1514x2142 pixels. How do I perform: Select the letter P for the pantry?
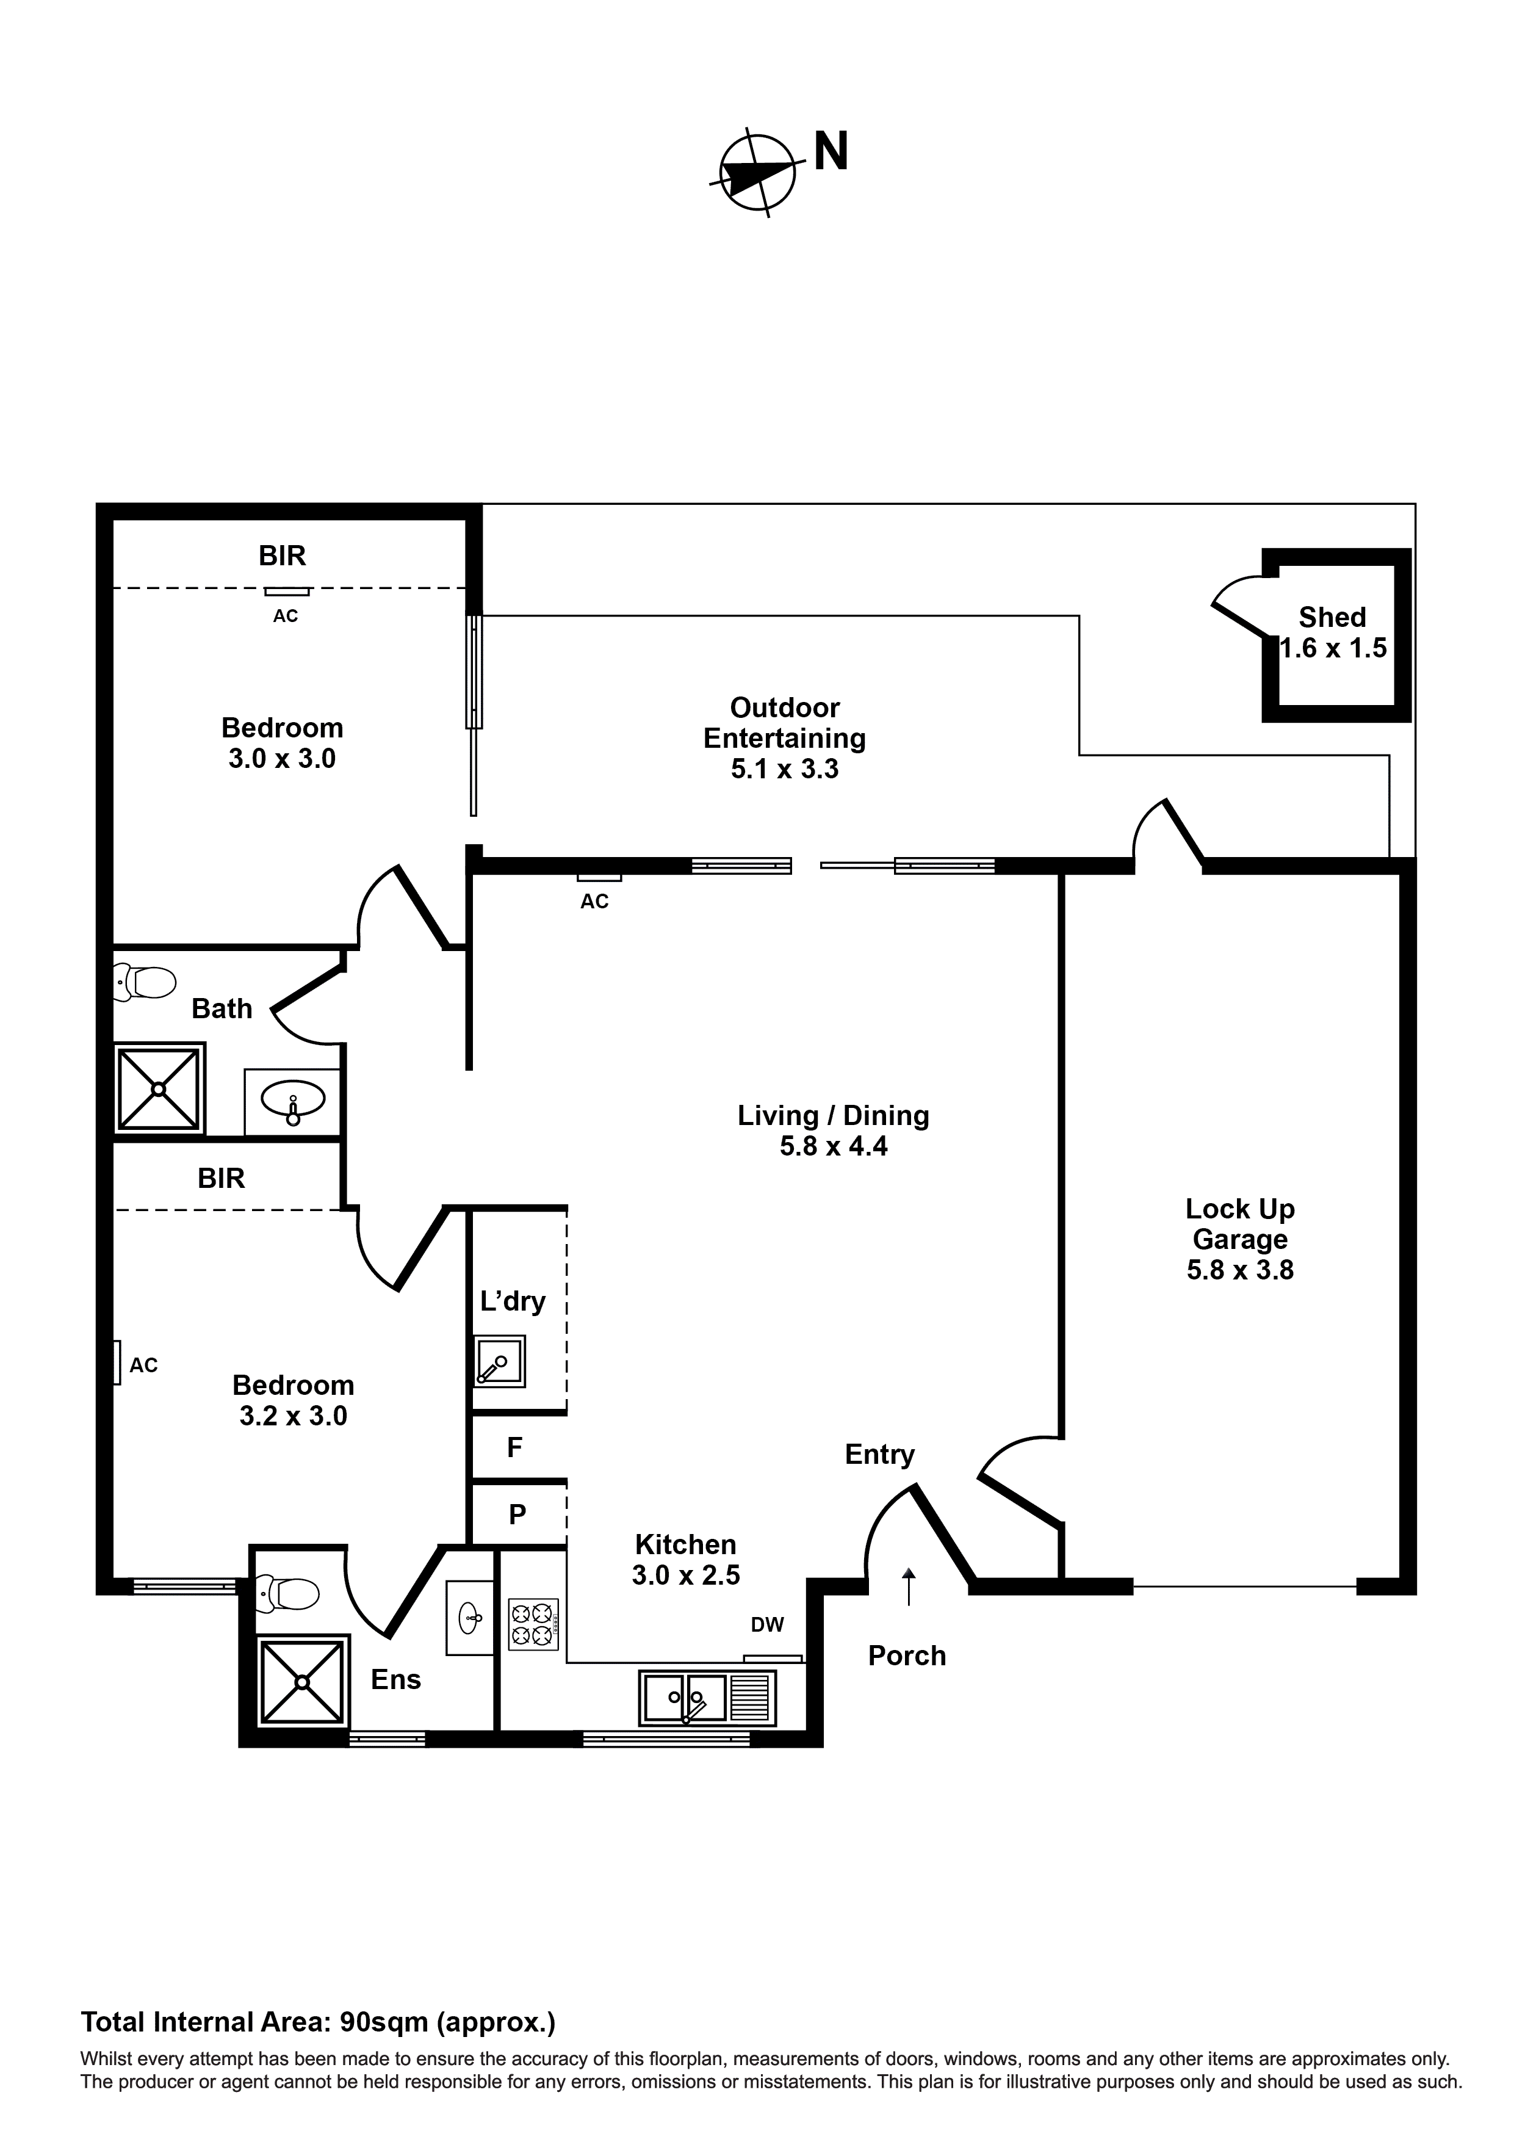click(x=517, y=1514)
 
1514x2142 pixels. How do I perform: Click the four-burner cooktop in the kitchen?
click(x=533, y=1624)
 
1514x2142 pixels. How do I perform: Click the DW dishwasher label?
click(x=767, y=1624)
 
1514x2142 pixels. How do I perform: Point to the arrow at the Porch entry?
click(x=909, y=1586)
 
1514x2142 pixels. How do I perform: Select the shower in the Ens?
click(x=301, y=1681)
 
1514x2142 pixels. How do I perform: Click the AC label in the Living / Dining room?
click(x=594, y=901)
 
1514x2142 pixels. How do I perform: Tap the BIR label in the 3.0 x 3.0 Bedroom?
click(x=282, y=556)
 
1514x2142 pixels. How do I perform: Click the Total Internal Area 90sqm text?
click(x=318, y=2022)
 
